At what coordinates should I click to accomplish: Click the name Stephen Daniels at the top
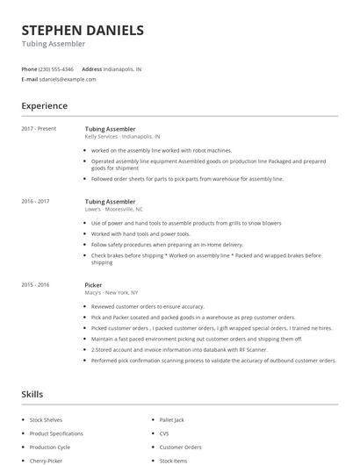[83, 30]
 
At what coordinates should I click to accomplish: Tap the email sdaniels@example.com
[68, 79]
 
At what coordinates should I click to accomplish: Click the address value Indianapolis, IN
[122, 68]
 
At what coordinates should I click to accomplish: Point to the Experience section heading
[45, 106]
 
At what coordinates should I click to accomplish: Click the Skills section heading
[32, 395]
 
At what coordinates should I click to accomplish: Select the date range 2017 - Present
[39, 129]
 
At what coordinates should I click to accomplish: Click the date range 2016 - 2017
[36, 202]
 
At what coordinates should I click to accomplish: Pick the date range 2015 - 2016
[36, 285]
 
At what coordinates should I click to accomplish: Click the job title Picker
[94, 285]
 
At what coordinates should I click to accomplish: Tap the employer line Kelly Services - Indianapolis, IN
[122, 137]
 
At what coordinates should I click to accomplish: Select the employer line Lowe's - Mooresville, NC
[113, 210]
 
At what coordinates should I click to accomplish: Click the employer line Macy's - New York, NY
[112, 293]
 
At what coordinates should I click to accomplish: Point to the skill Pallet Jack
[172, 420]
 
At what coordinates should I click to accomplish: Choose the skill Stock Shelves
[46, 420]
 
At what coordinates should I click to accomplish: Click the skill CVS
[164, 433]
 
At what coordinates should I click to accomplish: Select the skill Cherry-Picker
[47, 461]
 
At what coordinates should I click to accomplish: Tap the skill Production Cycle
[51, 447]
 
